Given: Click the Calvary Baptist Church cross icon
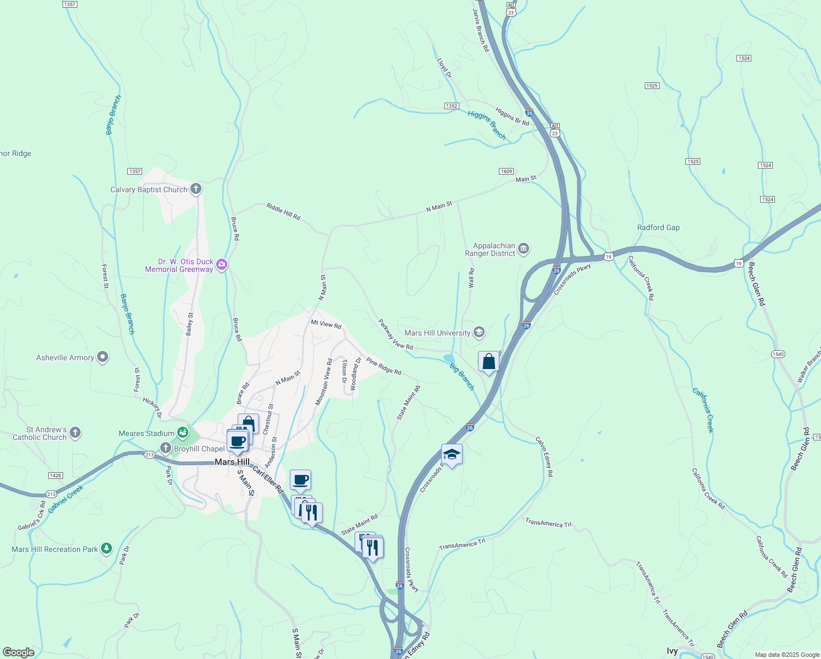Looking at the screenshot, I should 196,189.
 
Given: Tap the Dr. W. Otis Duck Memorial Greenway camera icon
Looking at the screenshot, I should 222,265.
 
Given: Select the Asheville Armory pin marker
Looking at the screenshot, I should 103,358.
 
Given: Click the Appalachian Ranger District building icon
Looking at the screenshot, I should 524,250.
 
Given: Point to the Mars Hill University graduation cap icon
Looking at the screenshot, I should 479,332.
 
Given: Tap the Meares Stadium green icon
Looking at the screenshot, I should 183,433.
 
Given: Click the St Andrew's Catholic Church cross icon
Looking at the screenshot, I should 75,433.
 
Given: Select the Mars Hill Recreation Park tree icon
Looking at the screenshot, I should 106,549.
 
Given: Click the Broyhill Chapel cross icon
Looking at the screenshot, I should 166,449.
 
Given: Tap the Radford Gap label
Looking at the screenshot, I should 658,227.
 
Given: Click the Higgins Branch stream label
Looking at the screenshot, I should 487,125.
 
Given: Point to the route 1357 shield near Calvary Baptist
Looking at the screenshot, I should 135,171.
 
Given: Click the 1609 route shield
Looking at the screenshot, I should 506,171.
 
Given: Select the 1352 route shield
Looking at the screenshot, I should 451,106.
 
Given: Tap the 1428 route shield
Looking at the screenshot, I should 55,476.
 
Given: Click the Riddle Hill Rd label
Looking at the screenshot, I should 283,212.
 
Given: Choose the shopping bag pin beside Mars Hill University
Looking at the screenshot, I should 488,362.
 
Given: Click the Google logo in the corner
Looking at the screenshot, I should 19,652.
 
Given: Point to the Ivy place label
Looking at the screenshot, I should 672,651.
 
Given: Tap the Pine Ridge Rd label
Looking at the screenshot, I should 384,367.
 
